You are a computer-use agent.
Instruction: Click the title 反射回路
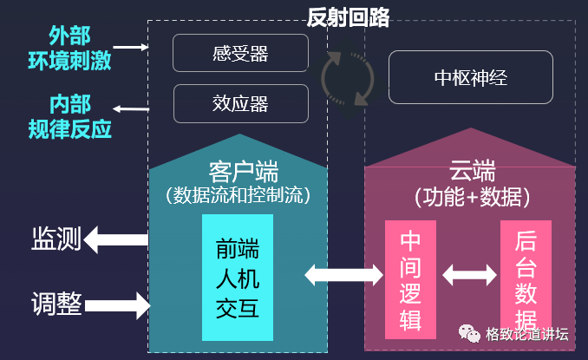point(349,16)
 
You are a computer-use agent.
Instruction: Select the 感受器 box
point(240,53)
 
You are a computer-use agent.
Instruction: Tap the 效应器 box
point(240,103)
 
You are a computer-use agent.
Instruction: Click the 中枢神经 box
point(470,77)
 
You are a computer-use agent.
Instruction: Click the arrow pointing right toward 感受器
point(132,48)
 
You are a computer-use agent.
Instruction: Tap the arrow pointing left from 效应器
point(132,108)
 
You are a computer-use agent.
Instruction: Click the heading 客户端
point(238,169)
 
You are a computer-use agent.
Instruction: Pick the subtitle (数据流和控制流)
point(238,194)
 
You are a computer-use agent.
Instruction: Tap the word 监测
point(56,238)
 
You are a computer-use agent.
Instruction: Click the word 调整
point(56,304)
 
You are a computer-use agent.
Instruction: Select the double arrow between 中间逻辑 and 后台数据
point(467,276)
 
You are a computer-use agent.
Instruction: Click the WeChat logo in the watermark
point(468,334)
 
